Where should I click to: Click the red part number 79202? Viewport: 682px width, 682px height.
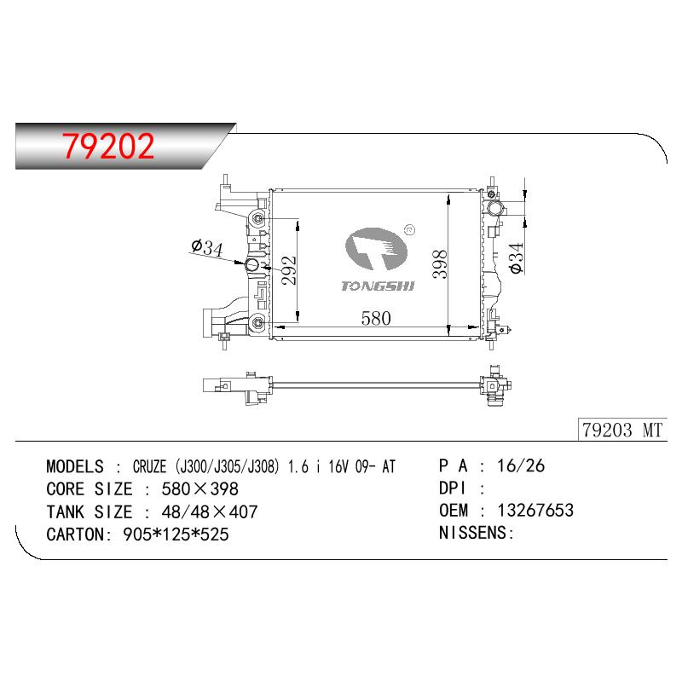108,146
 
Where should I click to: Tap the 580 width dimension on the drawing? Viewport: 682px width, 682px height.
376,318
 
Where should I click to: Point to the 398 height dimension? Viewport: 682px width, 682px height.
440,264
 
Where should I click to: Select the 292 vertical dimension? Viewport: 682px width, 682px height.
289,270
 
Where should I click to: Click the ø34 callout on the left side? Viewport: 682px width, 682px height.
207,247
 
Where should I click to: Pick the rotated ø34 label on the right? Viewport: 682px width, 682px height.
517,258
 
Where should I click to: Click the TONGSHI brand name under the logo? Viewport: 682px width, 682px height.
378,286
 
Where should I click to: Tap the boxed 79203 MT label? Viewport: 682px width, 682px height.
622,430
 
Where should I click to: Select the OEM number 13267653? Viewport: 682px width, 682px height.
535,510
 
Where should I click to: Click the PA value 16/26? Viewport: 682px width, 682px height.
521,465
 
